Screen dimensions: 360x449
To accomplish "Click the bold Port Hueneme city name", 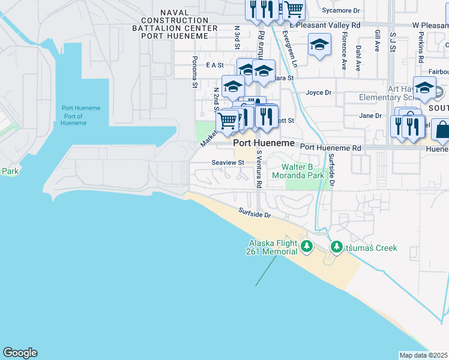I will pyautogui.click(x=264, y=143).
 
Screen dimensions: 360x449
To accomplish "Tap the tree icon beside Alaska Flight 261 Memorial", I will pyautogui.click(x=307, y=246).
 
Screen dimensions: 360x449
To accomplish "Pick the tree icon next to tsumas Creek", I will pyautogui.click(x=337, y=247).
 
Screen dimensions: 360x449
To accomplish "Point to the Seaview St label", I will pyautogui.click(x=228, y=163).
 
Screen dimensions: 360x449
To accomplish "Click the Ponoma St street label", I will pyautogui.click(x=194, y=73).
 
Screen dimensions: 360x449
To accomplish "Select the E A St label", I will pyautogui.click(x=214, y=65).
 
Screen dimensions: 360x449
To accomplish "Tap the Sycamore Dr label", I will pyautogui.click(x=340, y=11).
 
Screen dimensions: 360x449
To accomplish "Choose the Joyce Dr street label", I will pyautogui.click(x=319, y=92).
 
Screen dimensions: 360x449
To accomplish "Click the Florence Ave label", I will pyautogui.click(x=344, y=55).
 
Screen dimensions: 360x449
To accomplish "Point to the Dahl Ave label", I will pyautogui.click(x=358, y=58).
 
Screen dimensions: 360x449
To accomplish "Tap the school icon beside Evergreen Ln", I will pyautogui.click(x=319, y=45).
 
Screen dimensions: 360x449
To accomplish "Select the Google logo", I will pyautogui.click(x=20, y=353).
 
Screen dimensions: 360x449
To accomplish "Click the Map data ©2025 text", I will pyautogui.click(x=424, y=355).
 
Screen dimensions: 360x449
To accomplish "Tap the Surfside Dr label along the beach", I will pyautogui.click(x=255, y=212).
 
